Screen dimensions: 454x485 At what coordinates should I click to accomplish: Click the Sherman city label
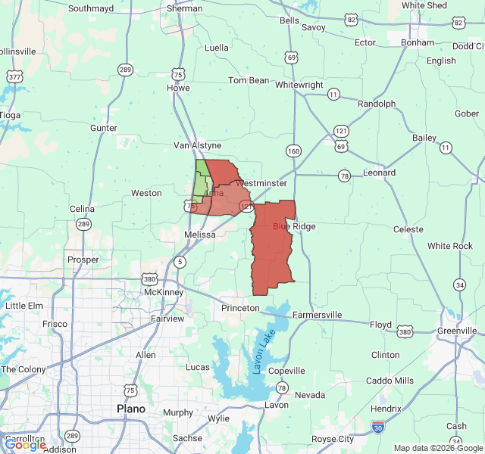[x=185, y=8]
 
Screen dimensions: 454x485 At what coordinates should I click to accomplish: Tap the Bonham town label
[x=418, y=42]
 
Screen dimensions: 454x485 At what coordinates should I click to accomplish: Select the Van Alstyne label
[x=197, y=145]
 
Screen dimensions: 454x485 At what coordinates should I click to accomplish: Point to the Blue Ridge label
[x=293, y=226]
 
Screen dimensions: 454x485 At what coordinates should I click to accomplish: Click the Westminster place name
[x=261, y=183]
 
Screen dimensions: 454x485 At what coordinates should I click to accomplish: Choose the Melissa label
[x=200, y=235]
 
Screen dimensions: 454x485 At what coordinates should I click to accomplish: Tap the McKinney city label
[x=164, y=291]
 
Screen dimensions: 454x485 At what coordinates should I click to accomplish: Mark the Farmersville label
[x=318, y=315]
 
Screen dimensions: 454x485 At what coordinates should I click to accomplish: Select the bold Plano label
[x=130, y=409]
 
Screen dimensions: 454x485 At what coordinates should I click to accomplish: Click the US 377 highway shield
[x=14, y=77]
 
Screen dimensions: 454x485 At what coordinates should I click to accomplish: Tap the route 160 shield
[x=293, y=151]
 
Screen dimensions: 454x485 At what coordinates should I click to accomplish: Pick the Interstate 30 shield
[x=378, y=429]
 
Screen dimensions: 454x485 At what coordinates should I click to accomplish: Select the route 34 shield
[x=459, y=285]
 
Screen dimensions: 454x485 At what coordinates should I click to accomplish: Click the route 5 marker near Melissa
[x=180, y=262]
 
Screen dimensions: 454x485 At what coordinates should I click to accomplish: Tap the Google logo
[x=25, y=445]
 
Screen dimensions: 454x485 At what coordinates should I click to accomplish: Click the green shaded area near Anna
[x=200, y=181]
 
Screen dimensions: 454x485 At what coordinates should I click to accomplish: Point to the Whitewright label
[x=299, y=85]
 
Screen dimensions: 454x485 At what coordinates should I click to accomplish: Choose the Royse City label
[x=333, y=439]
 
